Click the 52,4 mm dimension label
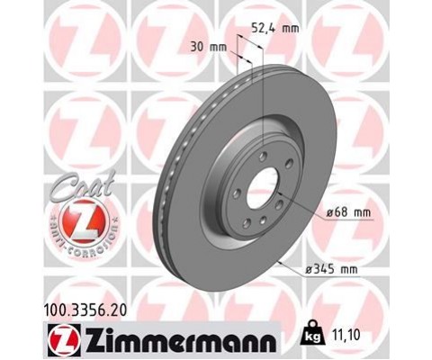click(274, 29)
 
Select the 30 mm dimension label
click(209, 47)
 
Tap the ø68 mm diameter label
click(349, 212)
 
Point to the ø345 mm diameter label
click(331, 269)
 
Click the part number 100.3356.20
click(85, 310)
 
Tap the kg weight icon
click(313, 335)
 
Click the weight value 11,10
click(346, 336)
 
